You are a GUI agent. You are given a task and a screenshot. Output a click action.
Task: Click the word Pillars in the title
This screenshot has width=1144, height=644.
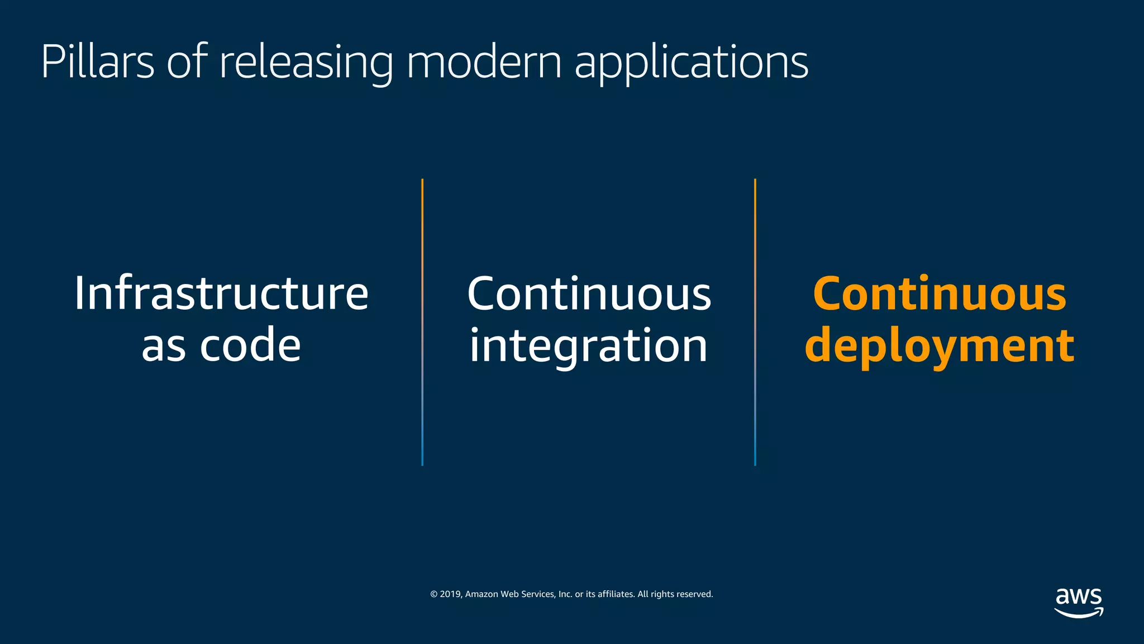tap(98, 61)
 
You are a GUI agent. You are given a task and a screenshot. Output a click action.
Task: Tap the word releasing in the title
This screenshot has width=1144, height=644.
tap(306, 63)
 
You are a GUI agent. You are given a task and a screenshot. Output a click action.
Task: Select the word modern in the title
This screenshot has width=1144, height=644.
tap(484, 61)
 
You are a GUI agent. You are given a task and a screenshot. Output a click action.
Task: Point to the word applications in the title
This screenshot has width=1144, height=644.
tap(692, 63)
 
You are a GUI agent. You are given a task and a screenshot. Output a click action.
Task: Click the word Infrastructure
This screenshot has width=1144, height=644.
tap(221, 293)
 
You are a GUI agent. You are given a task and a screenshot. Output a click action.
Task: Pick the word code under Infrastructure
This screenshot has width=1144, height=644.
tap(250, 345)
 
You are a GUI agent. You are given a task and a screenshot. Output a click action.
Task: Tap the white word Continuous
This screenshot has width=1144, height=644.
tap(589, 293)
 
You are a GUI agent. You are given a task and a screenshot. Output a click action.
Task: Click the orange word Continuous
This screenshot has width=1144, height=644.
tap(940, 293)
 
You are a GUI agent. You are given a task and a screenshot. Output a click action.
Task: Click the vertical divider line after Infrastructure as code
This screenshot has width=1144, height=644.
tap(422, 322)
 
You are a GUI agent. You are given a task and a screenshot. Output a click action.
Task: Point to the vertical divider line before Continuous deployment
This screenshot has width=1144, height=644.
tap(755, 322)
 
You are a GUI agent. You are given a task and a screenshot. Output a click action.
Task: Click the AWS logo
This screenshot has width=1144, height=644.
tap(1079, 602)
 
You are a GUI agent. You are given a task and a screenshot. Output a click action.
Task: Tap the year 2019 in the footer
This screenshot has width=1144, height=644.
tap(450, 594)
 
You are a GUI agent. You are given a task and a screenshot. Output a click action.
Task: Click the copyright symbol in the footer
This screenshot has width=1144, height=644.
tap(433, 594)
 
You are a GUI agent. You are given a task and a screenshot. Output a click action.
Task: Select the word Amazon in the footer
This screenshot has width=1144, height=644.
tap(481, 594)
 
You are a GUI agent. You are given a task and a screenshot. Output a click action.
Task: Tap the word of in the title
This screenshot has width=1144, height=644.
tap(187, 61)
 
